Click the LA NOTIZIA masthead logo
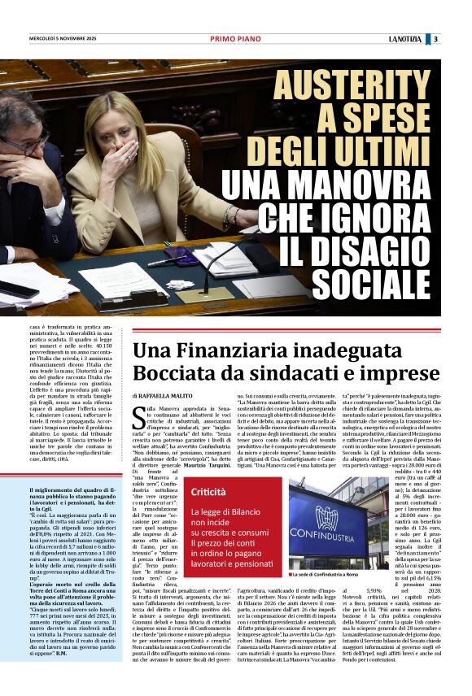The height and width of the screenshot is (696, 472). pyautogui.click(x=404, y=39)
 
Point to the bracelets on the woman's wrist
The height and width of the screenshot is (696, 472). pyautogui.click(x=230, y=217)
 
